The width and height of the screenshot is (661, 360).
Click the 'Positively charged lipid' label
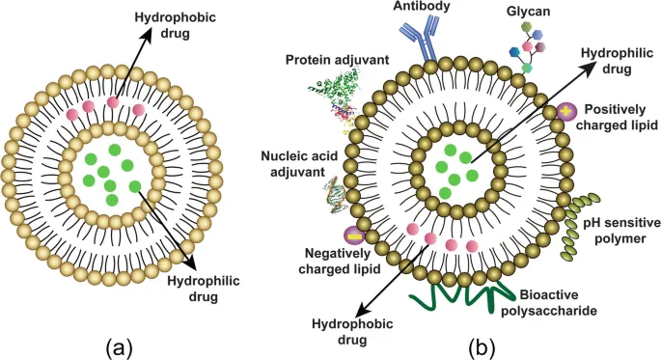coord(617,116)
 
